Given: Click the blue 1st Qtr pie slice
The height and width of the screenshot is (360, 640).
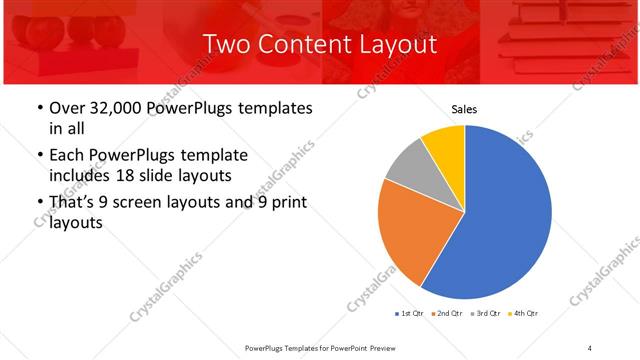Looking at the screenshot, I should pyautogui.click(x=510, y=220).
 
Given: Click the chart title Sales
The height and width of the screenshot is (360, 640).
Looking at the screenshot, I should pyautogui.click(x=465, y=109).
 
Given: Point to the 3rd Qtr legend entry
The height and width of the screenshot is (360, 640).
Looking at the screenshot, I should pyautogui.click(x=487, y=314).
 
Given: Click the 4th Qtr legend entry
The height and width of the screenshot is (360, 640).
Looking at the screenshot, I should pyautogui.click(x=525, y=314).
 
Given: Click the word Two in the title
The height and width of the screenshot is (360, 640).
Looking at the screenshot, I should pyautogui.click(x=226, y=44).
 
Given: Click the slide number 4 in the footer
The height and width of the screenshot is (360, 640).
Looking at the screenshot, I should pyautogui.click(x=590, y=347).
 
